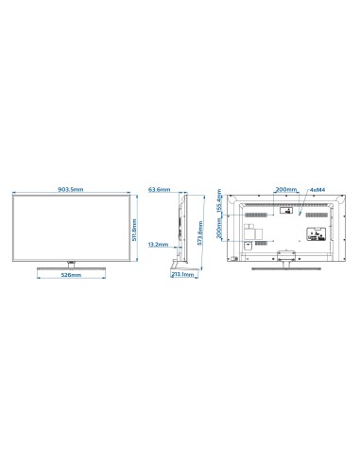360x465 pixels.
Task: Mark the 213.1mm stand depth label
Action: tap(182, 276)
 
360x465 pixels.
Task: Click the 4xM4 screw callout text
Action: tap(317, 190)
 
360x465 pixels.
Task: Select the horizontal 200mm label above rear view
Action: tap(283, 190)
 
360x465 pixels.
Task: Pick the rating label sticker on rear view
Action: tap(248, 243)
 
